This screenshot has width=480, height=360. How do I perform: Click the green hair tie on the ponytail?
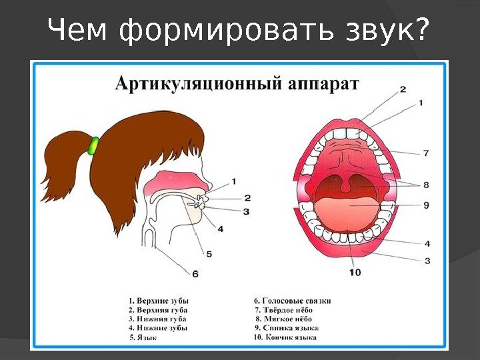(x=93, y=145)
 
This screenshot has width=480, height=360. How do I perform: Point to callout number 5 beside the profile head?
(x=209, y=254)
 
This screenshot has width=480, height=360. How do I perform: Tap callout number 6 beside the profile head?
(x=195, y=273)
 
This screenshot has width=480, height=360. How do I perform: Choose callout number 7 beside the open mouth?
(x=425, y=153)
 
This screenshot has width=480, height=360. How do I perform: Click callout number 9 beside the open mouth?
(x=425, y=205)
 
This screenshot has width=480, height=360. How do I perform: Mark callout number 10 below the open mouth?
(x=354, y=272)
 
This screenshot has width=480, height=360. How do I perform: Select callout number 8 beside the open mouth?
(x=425, y=184)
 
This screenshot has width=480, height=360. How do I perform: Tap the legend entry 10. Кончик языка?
(x=285, y=337)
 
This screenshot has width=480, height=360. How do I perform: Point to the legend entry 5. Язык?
(x=143, y=338)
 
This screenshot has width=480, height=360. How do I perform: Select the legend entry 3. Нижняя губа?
(x=157, y=319)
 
